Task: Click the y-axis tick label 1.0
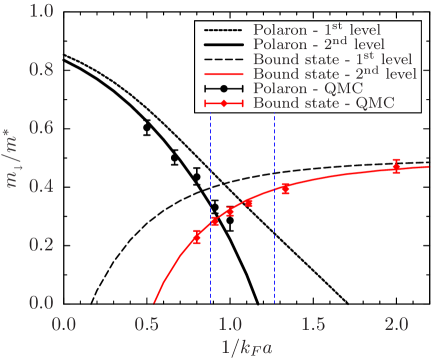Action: [39, 13]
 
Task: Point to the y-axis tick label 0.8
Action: [39, 71]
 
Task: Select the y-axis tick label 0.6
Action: [39, 129]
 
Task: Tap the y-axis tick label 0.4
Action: [39, 186]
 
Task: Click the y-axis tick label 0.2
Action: [39, 244]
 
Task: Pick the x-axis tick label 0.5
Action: [148, 324]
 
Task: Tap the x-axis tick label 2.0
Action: [396, 324]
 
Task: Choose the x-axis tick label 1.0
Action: [231, 324]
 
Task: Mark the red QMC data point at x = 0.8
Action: [197, 237]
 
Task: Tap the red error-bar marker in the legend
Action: [224, 103]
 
